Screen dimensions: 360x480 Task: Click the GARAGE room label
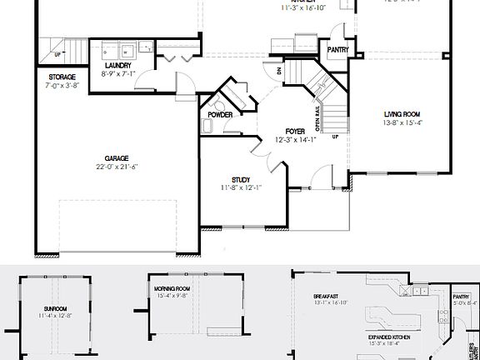(x=116, y=157)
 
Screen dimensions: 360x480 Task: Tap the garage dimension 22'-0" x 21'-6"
(x=116, y=167)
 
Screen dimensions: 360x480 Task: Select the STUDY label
(x=241, y=179)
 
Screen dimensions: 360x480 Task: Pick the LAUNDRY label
(x=117, y=65)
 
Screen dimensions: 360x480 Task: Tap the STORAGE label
(x=62, y=77)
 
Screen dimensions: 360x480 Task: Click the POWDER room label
(x=222, y=114)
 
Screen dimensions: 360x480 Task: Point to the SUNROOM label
(x=55, y=307)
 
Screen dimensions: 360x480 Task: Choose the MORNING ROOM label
(x=172, y=287)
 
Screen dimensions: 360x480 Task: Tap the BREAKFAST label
(x=326, y=296)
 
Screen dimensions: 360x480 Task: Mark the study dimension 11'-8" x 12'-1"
(x=241, y=188)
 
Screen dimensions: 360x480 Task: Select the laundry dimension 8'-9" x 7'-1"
(x=117, y=73)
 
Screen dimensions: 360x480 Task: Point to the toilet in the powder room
(x=207, y=127)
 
